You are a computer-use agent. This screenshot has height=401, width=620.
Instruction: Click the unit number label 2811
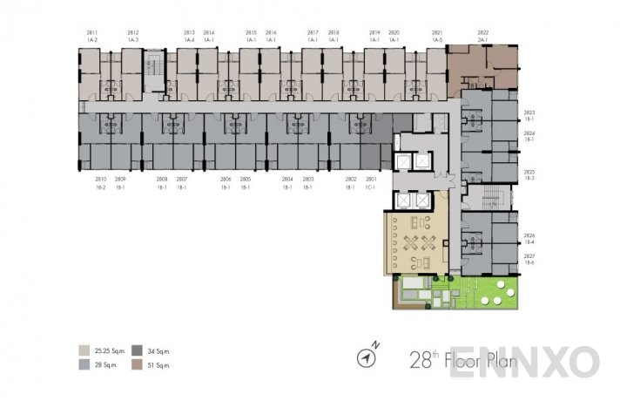[x=92, y=32]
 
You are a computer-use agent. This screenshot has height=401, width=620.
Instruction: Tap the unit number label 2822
[x=482, y=32]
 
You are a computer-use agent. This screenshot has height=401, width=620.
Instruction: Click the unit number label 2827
[x=529, y=255]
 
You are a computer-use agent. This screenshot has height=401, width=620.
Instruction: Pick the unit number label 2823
[x=529, y=112]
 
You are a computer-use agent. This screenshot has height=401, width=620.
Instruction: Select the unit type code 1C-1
[x=370, y=187]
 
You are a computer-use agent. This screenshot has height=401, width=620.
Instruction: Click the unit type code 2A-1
[x=482, y=40]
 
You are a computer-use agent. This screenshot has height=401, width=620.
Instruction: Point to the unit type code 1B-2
[x=100, y=187]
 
